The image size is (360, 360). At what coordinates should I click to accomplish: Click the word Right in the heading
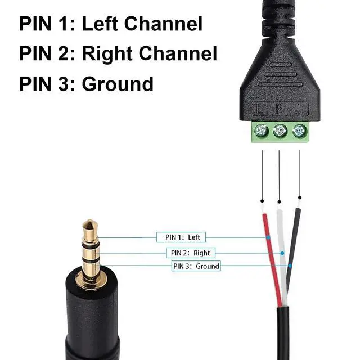[x=109, y=53]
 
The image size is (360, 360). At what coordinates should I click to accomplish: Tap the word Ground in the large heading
[x=118, y=84]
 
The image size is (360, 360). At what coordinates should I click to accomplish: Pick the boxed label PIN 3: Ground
[x=196, y=265]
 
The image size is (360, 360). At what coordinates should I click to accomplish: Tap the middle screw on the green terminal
[x=280, y=131]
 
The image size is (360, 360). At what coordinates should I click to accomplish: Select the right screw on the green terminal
[x=299, y=131]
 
